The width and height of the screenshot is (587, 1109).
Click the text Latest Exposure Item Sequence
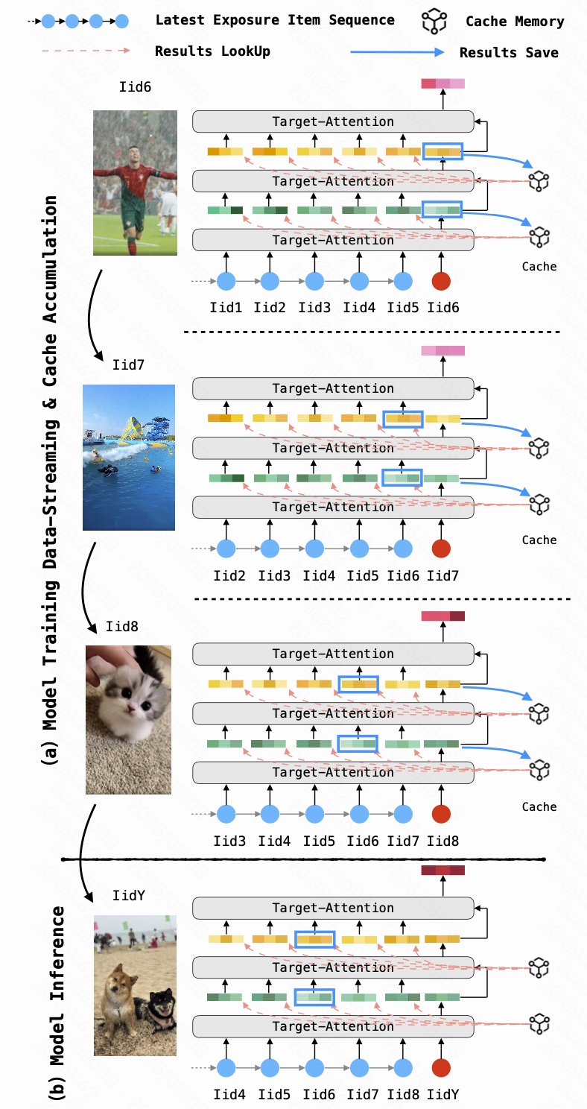pyautogui.click(x=275, y=19)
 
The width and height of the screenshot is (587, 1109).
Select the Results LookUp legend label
pyautogui.click(x=212, y=51)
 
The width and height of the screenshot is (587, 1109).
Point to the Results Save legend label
pyautogui.click(x=509, y=52)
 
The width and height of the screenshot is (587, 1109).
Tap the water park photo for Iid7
pyautogui.click(x=129, y=457)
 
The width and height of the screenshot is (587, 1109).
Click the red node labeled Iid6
pyautogui.click(x=441, y=282)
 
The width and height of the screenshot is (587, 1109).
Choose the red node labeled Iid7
pyautogui.click(x=441, y=549)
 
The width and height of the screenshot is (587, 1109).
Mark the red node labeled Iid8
pyautogui.click(x=441, y=815)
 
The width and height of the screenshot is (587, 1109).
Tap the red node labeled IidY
pyautogui.click(x=441, y=1069)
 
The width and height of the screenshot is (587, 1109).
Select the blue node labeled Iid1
pyautogui.click(x=226, y=282)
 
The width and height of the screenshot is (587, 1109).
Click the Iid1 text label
pyautogui.click(x=227, y=307)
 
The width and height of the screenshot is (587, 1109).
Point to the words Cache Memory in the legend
pyautogui.click(x=515, y=21)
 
